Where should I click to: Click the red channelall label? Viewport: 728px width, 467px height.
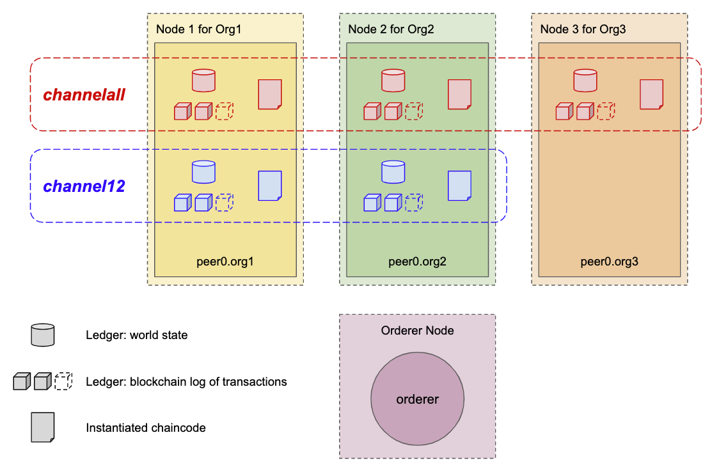84,95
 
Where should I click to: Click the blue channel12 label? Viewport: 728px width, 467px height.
84,187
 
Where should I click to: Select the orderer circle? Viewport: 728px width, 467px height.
417,399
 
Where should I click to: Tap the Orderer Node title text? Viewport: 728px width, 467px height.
417,331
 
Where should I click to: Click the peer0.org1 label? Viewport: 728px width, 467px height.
225,262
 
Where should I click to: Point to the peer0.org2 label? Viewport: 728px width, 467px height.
417,262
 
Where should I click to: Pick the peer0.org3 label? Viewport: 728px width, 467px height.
609,262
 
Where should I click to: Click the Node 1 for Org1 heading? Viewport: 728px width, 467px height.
198,29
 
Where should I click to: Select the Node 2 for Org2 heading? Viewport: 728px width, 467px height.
391,29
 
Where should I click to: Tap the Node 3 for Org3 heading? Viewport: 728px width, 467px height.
583,29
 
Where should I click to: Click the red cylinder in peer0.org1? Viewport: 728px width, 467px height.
203,81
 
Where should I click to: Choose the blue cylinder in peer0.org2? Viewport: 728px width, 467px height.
393,172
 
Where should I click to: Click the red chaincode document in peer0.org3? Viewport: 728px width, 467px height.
651,94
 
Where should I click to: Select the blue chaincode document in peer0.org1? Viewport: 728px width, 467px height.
270,186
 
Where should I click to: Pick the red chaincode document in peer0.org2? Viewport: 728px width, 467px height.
459,94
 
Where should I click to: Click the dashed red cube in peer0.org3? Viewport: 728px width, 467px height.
606,111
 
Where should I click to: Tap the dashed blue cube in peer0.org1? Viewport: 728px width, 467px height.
224,203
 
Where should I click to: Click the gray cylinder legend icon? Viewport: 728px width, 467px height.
43,335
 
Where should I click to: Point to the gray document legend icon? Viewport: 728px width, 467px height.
43,427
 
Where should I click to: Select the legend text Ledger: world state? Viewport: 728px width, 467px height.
137,335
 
